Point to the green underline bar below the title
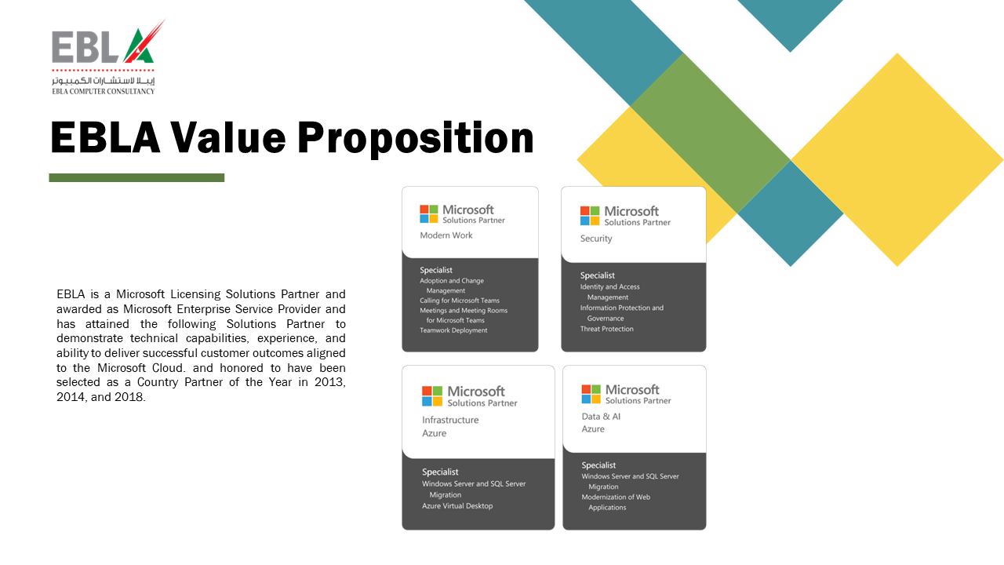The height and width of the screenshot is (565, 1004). pos(136,178)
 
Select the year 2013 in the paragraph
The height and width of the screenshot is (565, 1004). pos(326,382)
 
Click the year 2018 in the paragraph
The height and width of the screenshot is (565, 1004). pos(129,397)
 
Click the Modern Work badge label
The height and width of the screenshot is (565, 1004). pos(446,235)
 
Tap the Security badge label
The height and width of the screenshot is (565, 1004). pos(596,239)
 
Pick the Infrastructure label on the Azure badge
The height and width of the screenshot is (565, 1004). pos(450,420)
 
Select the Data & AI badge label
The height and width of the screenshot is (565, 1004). pos(601,417)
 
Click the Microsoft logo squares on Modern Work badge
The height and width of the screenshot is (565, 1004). pos(429,214)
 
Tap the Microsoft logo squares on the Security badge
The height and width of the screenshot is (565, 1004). pos(590,216)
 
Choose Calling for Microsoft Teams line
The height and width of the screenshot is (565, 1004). pos(460,301)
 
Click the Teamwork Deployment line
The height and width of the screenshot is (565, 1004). pos(453,330)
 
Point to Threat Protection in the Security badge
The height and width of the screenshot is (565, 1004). pos(607,329)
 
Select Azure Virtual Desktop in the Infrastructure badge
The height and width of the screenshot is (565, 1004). pos(457,506)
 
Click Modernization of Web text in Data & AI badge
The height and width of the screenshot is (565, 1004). pos(616,497)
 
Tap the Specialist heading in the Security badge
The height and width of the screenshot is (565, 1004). pos(598,275)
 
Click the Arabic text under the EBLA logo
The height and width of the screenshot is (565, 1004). pos(104,81)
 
